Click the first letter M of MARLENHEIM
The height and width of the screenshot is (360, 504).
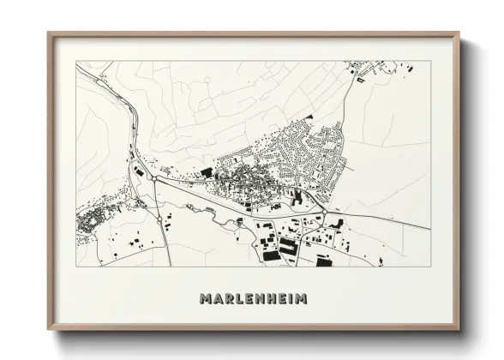(205, 299)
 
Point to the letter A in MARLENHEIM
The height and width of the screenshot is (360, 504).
(217, 299)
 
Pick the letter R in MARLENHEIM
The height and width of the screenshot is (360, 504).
(228, 299)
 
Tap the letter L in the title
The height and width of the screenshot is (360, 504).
(239, 299)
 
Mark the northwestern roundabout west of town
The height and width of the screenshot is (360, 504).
(153, 181)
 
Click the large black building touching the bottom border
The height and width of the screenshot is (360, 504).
(324, 261)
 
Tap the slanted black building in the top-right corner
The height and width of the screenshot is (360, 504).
(360, 80)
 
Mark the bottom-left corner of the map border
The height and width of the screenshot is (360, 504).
(76, 267)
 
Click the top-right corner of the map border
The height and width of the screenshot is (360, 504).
(430, 61)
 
